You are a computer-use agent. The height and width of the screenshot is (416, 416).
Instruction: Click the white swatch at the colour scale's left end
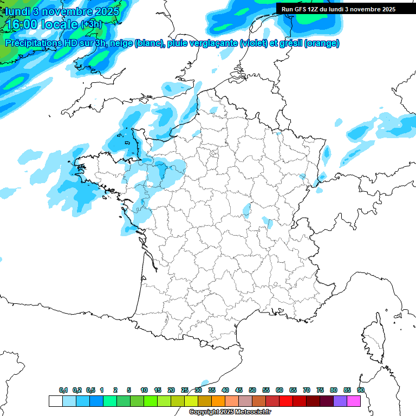(55, 401)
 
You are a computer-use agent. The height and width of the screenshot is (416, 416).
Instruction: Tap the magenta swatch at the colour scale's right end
(354, 401)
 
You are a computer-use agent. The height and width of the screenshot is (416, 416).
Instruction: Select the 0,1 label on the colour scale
(63, 391)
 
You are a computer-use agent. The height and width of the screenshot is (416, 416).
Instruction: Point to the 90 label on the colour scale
(361, 391)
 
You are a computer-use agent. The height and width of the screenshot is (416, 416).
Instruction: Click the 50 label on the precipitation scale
(252, 391)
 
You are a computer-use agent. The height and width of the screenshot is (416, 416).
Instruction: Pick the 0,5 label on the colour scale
(90, 391)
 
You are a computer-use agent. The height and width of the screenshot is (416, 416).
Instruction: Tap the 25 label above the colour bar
(185, 391)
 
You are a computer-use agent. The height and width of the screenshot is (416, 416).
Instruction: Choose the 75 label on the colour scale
(320, 391)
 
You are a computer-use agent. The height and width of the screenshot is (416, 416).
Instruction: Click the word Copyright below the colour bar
(204, 412)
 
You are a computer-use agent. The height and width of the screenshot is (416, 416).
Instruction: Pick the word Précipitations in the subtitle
(33, 43)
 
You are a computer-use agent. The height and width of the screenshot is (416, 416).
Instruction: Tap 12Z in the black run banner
(314, 9)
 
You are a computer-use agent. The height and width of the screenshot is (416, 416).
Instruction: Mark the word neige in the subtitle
(121, 43)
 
